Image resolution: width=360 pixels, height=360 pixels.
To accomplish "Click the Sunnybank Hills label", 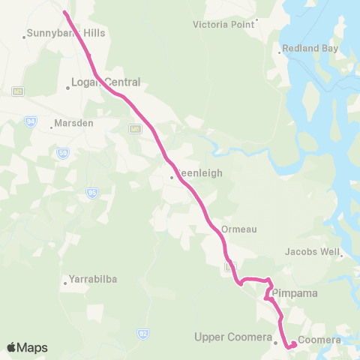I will point(66,34).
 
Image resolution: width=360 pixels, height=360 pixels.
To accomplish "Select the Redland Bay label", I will point(310,49).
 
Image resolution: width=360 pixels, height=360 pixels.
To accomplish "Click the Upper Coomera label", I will point(232,337).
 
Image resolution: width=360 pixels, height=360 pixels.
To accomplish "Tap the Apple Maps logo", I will point(27,347).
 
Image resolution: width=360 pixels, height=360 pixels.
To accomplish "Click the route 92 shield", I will point(142,331).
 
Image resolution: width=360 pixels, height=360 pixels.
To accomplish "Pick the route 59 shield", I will point(63,153).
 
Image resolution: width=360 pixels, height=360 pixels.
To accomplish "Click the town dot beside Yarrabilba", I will point(65,283).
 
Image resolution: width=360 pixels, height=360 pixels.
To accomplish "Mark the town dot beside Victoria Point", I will point(256,20).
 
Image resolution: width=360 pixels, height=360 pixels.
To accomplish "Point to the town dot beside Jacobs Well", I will point(342,256).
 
